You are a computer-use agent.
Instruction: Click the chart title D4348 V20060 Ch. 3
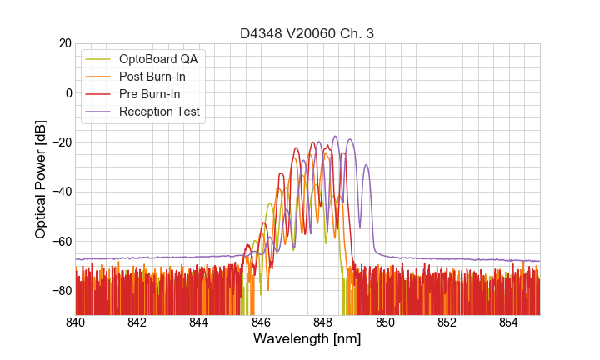307,33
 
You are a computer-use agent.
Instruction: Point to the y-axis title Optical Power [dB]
40,178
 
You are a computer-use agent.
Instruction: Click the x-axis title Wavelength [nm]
307,339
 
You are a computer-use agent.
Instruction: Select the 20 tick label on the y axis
64,43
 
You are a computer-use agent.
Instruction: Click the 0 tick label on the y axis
68,92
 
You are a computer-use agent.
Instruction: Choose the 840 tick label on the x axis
76,322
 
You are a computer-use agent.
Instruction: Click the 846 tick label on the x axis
261,322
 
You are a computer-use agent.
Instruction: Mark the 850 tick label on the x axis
385,322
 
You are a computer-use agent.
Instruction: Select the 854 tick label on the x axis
508,322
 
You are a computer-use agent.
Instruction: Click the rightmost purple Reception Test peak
366,165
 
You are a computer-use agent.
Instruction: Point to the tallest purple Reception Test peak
335,137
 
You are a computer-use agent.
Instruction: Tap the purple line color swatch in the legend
98,112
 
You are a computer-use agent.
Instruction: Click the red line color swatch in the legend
98,94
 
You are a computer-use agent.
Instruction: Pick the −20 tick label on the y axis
61,142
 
